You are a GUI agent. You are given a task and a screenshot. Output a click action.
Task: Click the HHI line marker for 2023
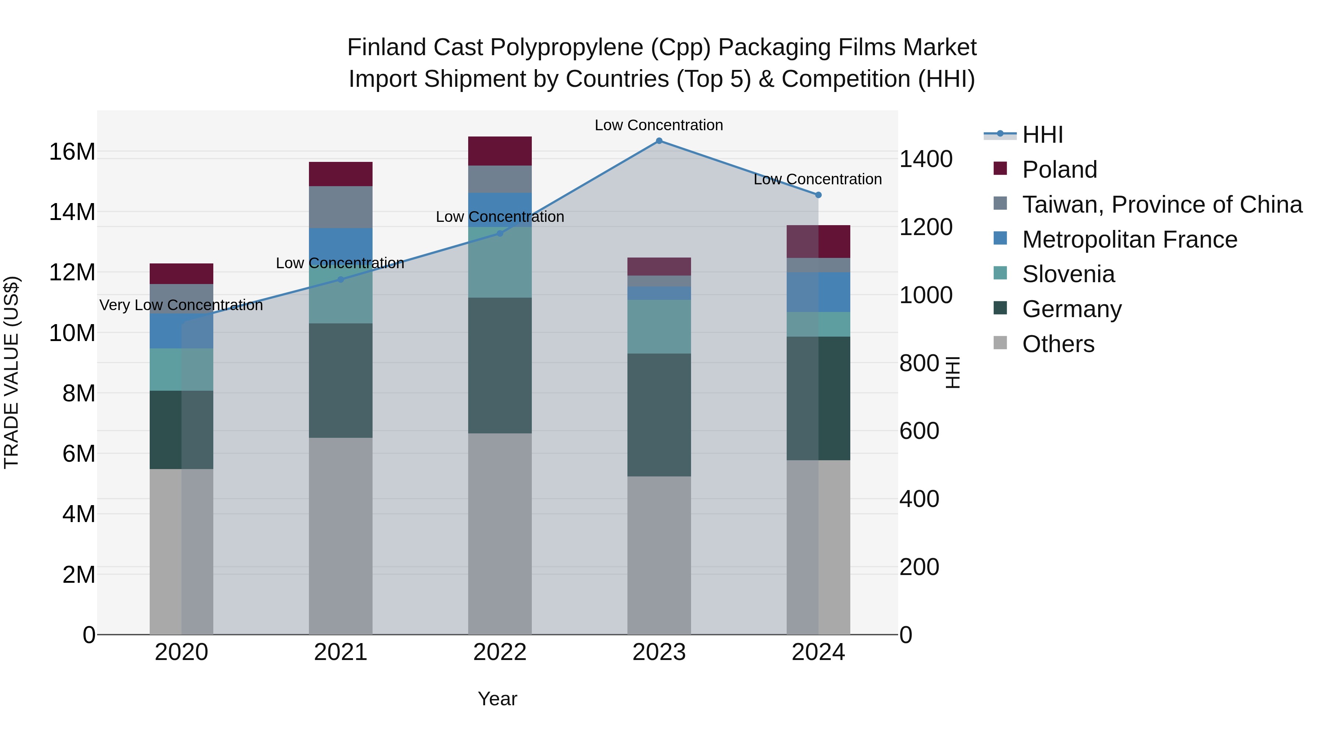(659, 141)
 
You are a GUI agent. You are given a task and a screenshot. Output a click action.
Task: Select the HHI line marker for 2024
(818, 195)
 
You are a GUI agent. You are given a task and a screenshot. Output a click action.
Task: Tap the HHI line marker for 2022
(499, 233)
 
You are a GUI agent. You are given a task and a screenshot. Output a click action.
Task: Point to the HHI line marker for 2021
(340, 280)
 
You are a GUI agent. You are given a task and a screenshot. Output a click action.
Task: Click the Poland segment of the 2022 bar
(499, 151)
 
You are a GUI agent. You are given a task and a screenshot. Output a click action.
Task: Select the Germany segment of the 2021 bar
(340, 380)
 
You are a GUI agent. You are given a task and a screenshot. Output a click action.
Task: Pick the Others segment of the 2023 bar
(659, 555)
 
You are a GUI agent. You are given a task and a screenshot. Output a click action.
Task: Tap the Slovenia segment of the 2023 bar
(659, 326)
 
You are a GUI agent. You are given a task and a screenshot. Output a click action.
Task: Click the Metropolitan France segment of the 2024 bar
(818, 292)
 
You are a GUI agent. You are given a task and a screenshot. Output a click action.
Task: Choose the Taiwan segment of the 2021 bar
(340, 207)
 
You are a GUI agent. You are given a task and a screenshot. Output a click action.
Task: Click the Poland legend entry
(1059, 170)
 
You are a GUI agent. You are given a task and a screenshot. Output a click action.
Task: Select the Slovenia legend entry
(1068, 274)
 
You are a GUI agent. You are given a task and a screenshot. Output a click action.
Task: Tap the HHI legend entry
(1042, 135)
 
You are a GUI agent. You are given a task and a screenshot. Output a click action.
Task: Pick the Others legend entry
(1058, 344)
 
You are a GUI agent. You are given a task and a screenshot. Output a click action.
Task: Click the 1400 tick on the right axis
(926, 159)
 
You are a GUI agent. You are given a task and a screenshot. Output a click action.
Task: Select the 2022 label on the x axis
(499, 652)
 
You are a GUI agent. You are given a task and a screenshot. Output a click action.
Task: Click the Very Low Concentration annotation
(181, 305)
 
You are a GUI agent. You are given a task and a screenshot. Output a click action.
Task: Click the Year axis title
(497, 699)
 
